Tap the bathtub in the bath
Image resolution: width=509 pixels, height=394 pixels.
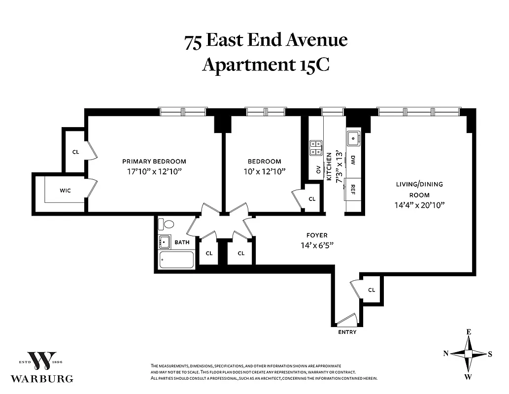tap(176, 260)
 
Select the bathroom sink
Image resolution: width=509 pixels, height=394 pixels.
tap(164, 242)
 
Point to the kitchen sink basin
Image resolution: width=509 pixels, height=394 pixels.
tap(353, 139)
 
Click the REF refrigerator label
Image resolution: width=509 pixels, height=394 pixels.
tap(353, 189)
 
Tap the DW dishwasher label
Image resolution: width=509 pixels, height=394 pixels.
tap(353, 160)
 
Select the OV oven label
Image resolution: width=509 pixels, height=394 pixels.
tap(318, 170)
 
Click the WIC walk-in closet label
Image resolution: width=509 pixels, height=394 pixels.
tap(66, 191)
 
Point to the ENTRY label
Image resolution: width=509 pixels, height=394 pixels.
tap(347, 332)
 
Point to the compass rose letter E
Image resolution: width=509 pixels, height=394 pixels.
tap(469, 332)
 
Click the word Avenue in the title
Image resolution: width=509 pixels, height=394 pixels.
tap(315, 41)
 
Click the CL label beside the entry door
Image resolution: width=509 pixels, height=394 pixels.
tap(372, 290)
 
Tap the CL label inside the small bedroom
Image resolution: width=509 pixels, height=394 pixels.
tap(311, 199)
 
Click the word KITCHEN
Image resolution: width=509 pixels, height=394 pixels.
tap(329, 167)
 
